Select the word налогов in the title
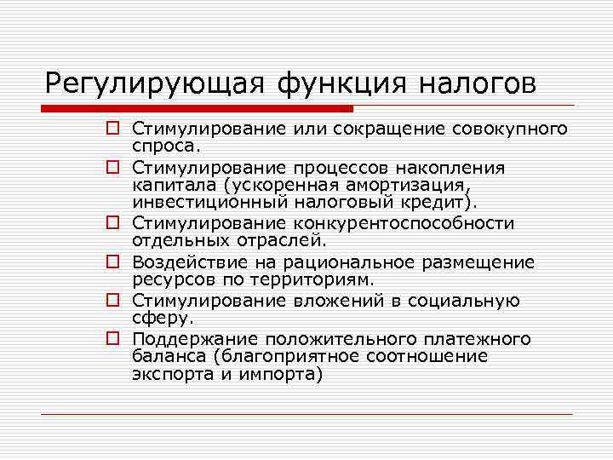coord(478,83)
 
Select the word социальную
coord(463,301)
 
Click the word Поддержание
coord(192,340)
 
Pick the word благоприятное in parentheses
coord(273,356)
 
